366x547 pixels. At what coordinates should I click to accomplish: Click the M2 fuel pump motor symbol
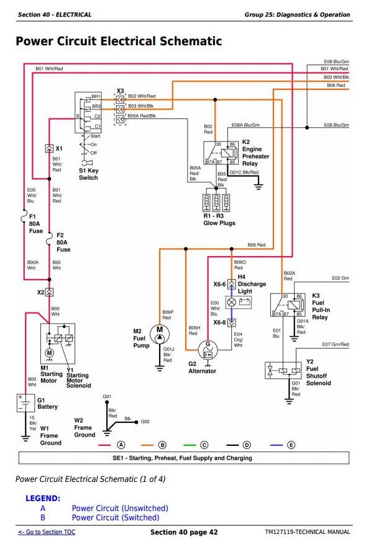(x=160, y=334)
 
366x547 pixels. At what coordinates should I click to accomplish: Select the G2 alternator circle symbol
(x=208, y=350)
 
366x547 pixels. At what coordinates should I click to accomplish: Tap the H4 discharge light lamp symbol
(x=231, y=302)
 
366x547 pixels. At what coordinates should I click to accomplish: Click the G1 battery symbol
(x=25, y=403)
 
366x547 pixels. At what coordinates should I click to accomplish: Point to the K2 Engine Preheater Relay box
(x=221, y=153)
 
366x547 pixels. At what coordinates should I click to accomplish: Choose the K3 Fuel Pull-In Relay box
(x=288, y=305)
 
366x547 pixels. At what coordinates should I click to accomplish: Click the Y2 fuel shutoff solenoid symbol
(x=283, y=370)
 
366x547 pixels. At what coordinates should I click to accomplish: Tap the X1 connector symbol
(x=49, y=149)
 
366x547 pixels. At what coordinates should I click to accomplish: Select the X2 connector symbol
(x=49, y=292)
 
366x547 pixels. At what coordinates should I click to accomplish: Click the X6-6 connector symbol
(x=231, y=284)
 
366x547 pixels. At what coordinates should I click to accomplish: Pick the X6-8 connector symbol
(x=231, y=322)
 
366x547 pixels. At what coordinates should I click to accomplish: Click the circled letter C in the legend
(x=204, y=445)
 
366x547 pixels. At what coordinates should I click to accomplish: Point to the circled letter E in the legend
(x=291, y=445)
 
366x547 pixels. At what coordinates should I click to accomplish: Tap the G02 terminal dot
(x=136, y=422)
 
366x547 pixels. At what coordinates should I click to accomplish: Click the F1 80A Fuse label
(x=35, y=224)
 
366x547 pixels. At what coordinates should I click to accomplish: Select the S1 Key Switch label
(x=88, y=174)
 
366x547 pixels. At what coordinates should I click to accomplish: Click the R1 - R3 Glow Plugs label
(x=219, y=220)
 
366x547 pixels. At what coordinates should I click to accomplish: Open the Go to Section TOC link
(x=47, y=532)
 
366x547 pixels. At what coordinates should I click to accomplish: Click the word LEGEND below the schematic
(x=43, y=498)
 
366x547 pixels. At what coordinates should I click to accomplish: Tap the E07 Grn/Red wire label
(x=335, y=344)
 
